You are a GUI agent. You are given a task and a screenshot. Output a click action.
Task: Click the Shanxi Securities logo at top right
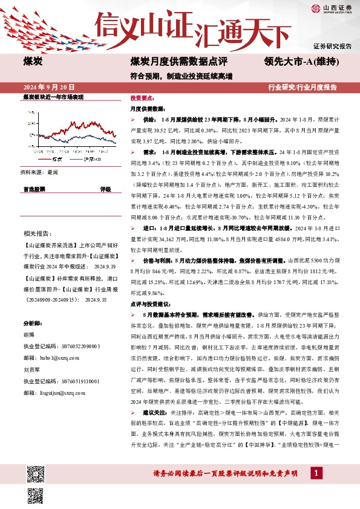tap(332, 8)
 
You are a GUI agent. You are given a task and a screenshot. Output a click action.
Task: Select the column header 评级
tap(105, 189)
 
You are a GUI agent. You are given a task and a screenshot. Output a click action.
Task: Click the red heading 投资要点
tap(142, 97)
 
